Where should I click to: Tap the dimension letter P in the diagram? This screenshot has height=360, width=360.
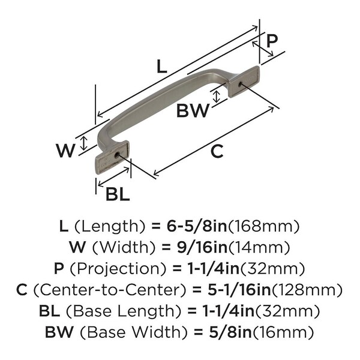pos(272,41)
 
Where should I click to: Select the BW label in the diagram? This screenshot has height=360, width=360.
pos(193,110)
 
